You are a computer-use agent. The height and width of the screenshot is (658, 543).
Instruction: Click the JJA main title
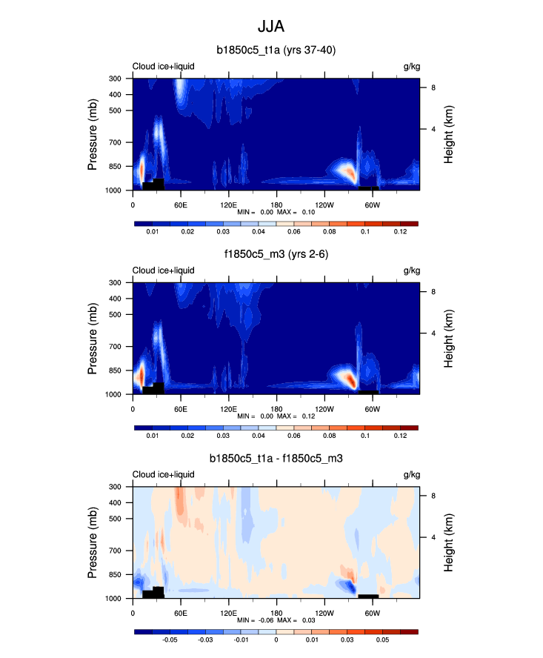tap(270, 27)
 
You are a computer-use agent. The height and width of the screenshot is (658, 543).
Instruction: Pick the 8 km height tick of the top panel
tap(434, 87)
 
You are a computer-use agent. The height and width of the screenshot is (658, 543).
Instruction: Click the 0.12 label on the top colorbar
tap(400, 233)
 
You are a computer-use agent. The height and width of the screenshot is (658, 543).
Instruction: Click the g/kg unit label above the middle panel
tap(410, 270)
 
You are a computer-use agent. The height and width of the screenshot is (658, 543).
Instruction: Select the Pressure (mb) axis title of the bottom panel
tap(93, 542)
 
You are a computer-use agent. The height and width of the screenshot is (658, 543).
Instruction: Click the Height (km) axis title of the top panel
tap(449, 134)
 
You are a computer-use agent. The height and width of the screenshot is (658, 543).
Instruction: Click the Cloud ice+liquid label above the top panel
tap(164, 66)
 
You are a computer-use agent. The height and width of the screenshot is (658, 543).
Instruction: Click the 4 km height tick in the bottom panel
tap(434, 537)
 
